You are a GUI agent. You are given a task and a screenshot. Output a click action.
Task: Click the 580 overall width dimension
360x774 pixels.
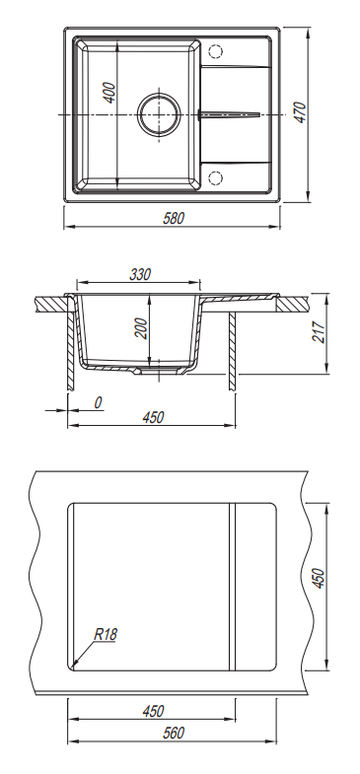click(x=174, y=218)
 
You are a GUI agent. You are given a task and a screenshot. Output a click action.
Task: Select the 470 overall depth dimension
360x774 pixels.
click(x=300, y=112)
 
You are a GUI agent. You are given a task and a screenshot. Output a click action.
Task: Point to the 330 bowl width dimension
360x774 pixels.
click(x=140, y=274)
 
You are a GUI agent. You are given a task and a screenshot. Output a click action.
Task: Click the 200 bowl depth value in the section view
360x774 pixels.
click(x=141, y=328)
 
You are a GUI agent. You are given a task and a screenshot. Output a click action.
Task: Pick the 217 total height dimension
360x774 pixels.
click(x=319, y=332)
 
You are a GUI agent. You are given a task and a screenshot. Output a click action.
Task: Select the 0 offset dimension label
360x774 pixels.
click(x=98, y=403)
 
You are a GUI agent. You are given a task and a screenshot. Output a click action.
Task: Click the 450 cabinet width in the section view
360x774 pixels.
click(x=153, y=418)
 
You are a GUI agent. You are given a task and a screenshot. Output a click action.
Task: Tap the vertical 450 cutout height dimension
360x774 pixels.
click(x=319, y=578)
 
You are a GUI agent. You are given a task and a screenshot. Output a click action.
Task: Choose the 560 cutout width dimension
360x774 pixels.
click(x=174, y=733)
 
